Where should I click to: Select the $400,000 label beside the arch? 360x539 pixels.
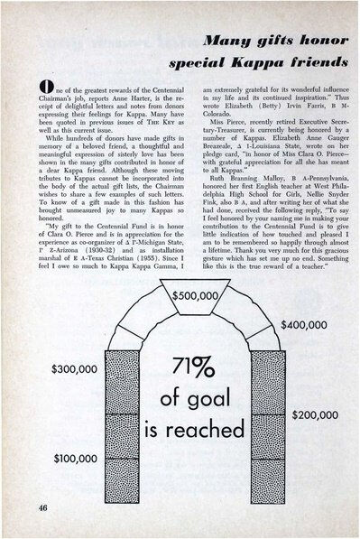pyautogui.click(x=309, y=350)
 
